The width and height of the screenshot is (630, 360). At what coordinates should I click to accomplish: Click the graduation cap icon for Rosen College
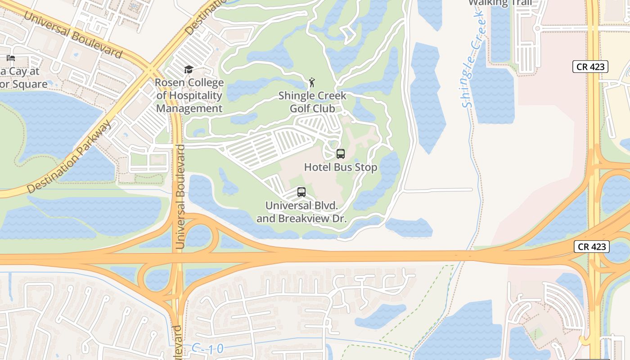(x=189, y=69)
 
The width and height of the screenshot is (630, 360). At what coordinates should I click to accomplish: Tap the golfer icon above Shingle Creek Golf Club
(x=312, y=82)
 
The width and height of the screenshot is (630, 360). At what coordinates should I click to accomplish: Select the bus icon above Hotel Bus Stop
(x=341, y=154)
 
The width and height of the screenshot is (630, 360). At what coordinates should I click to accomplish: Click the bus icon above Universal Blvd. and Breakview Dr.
(x=301, y=192)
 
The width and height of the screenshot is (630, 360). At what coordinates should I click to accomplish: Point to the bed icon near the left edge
(x=11, y=58)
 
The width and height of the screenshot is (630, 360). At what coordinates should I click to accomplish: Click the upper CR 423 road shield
(x=590, y=67)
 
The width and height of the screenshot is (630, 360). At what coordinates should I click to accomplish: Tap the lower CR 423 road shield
(x=592, y=247)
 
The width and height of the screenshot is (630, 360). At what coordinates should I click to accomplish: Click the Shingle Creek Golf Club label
(x=312, y=102)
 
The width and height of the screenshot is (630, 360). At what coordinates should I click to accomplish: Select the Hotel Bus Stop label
(x=341, y=167)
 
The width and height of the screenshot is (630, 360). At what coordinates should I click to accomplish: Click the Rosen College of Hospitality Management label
(x=189, y=95)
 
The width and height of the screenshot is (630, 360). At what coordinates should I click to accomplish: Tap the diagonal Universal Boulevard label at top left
(x=73, y=35)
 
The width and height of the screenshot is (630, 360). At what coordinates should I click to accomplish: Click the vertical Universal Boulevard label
(x=180, y=197)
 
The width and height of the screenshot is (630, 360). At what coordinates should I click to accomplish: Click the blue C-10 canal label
(x=207, y=349)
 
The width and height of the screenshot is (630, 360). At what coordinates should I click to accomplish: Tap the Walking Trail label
(x=500, y=3)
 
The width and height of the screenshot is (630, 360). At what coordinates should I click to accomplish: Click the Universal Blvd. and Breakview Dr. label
(x=301, y=212)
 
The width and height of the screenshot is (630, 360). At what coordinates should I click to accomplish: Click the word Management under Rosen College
(x=189, y=108)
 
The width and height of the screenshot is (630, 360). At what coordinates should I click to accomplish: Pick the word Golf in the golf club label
(x=300, y=108)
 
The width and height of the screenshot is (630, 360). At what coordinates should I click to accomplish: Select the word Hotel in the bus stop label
(x=318, y=167)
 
